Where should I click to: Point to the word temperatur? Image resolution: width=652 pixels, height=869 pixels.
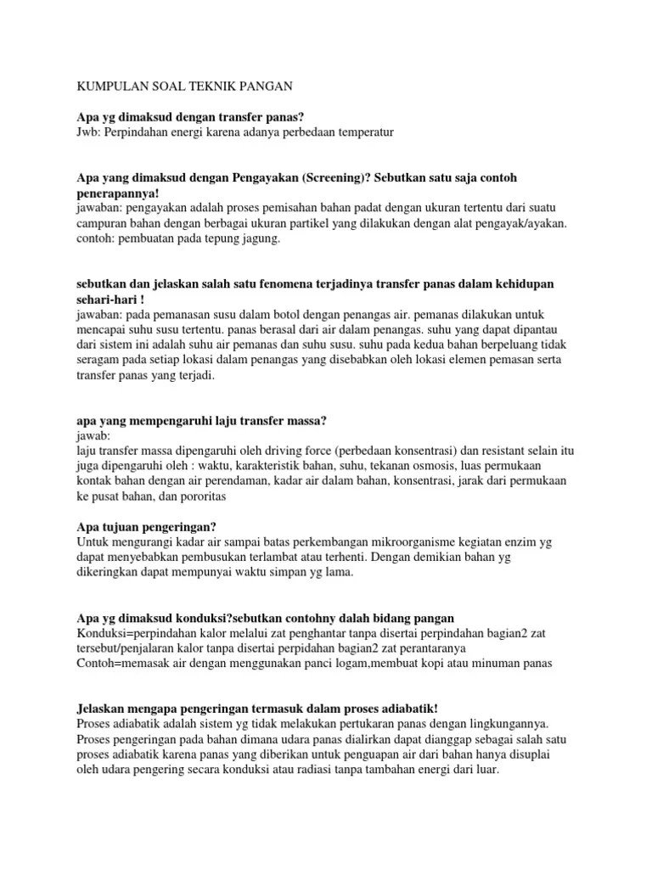click(364, 132)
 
